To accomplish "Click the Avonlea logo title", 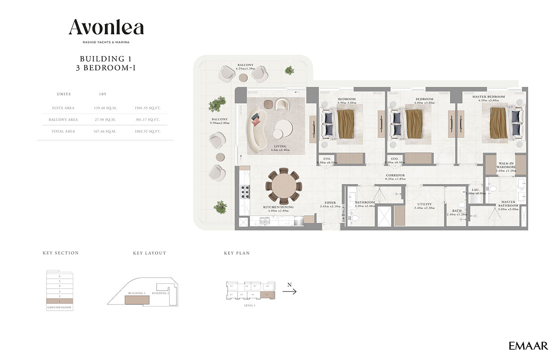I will click(x=106, y=28).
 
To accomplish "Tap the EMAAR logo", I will click(x=528, y=346).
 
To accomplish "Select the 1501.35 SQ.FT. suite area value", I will click(x=147, y=108).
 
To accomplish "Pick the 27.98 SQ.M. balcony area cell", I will click(x=105, y=120).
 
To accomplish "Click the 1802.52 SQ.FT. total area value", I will click(x=147, y=131).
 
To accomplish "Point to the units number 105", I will click(x=103, y=95).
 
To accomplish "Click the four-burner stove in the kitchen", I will click(x=246, y=191).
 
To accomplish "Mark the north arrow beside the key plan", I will click(x=289, y=291).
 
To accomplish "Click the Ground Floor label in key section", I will click(x=60, y=308).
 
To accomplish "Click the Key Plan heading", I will click(x=237, y=253).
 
